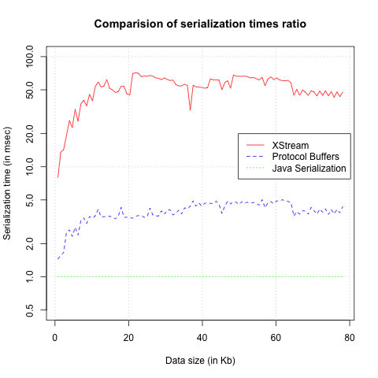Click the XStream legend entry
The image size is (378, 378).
click(291, 146)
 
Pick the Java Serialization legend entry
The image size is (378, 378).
click(309, 168)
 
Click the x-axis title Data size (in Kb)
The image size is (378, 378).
click(199, 361)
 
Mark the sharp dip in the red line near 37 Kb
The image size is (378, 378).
click(191, 109)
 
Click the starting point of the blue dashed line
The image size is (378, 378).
click(57, 259)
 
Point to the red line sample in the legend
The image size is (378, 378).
click(255, 146)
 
